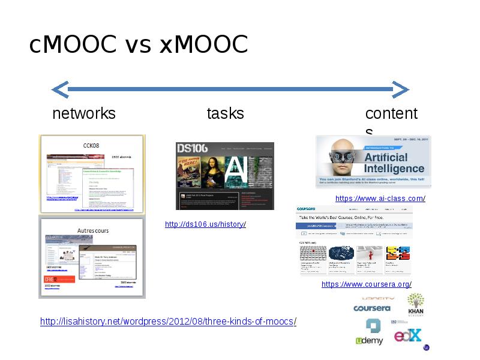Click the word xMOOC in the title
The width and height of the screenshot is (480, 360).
coord(203,45)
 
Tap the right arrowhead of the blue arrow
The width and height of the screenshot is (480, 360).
coord(401,90)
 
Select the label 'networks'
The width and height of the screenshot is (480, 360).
coord(84,113)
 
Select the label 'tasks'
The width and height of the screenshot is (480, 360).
coord(225,113)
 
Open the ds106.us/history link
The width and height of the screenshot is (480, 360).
coord(205,224)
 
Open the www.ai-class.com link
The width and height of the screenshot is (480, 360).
coord(380,199)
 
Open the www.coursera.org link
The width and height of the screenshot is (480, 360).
coord(367,284)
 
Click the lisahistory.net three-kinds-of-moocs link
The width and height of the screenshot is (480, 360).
coord(168,322)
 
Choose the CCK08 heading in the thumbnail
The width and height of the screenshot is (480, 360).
coord(91,145)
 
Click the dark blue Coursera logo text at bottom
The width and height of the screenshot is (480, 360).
coord(372,308)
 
